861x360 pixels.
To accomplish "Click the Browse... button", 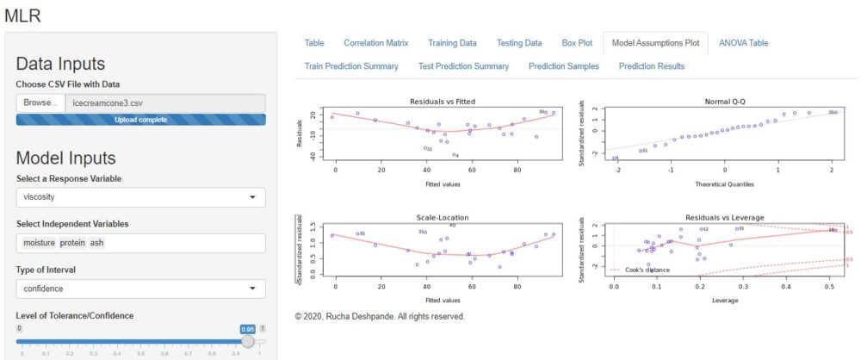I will tap(40, 102).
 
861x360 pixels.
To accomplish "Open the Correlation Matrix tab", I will tap(376, 42).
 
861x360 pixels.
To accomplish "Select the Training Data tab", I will tap(452, 42).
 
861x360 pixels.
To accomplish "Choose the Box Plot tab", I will tap(577, 42).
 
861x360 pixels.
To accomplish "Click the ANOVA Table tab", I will tap(743, 42).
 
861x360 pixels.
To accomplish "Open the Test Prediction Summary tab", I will tap(463, 65).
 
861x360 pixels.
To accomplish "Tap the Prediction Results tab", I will tap(652, 65).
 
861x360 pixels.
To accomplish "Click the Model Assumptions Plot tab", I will tap(655, 42).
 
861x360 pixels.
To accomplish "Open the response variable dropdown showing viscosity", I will tap(140, 197).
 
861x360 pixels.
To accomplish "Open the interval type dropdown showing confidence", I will tap(140, 289).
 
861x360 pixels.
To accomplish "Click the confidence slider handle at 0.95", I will tap(248, 341).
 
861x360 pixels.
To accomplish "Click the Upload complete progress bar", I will tap(140, 119).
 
